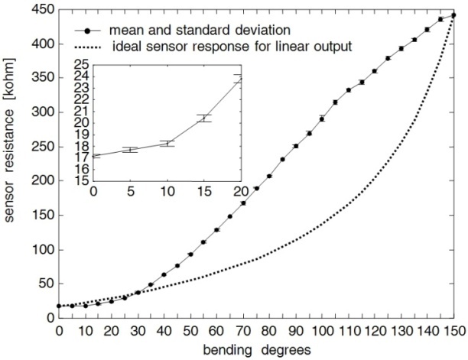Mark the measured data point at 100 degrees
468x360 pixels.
(x=322, y=118)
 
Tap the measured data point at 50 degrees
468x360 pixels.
(x=190, y=254)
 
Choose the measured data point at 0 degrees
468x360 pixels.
(x=59, y=306)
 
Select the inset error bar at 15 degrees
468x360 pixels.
(x=203, y=118)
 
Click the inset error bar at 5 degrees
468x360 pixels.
(x=130, y=150)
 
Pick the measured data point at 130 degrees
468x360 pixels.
(x=401, y=48)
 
